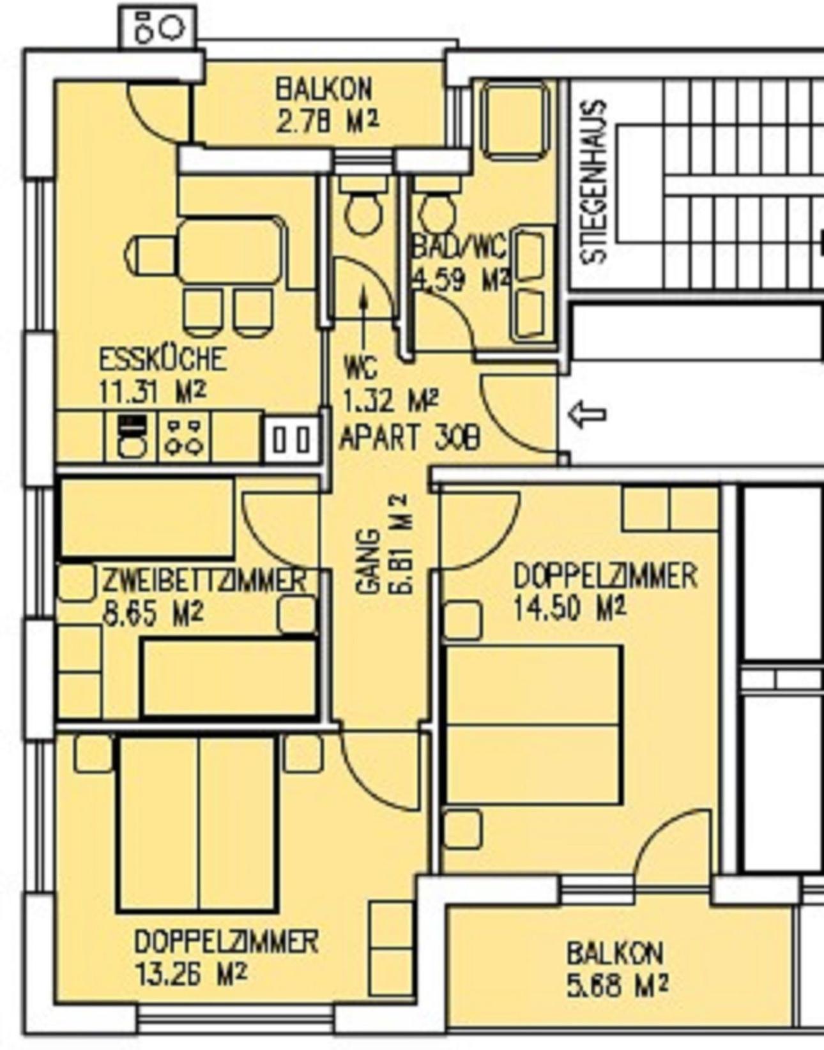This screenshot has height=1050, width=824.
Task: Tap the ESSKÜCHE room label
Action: (x=163, y=358)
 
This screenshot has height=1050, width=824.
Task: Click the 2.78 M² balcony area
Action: (x=327, y=120)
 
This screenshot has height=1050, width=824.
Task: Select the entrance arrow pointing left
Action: (x=588, y=414)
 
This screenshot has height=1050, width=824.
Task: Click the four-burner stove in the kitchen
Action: (x=183, y=438)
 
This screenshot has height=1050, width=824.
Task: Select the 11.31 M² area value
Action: (x=153, y=390)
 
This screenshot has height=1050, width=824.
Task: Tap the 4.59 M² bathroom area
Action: (x=461, y=280)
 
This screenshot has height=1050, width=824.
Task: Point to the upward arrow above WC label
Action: (x=363, y=321)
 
